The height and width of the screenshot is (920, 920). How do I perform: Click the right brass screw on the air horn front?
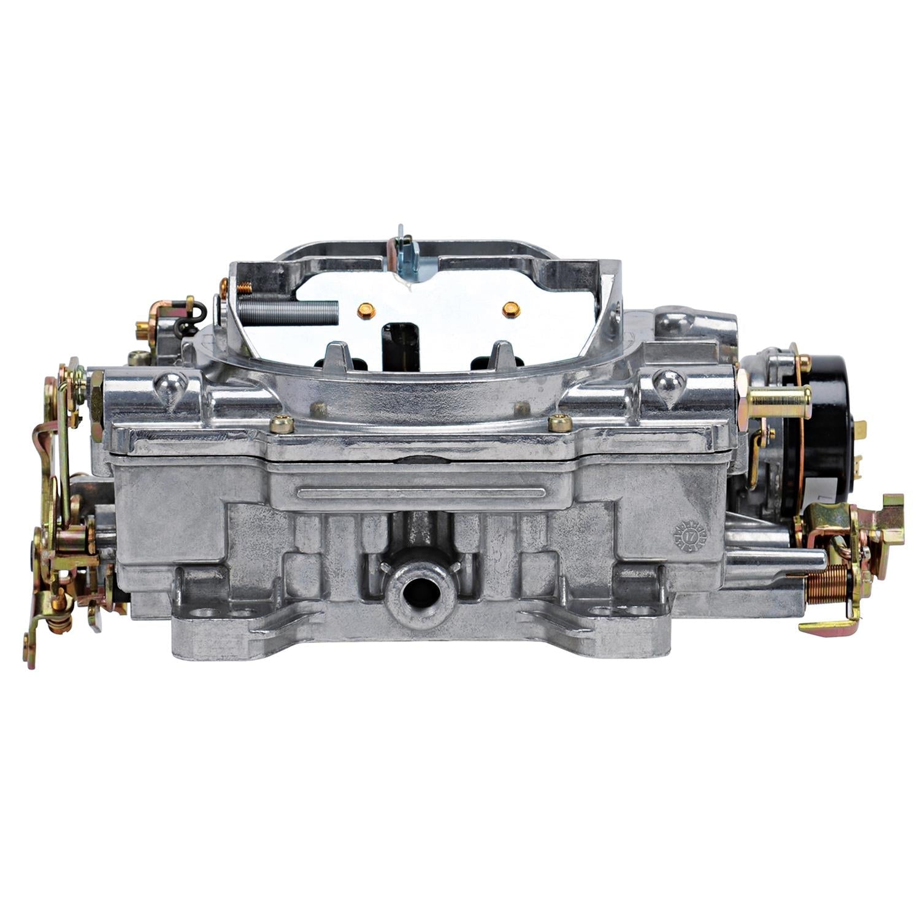559,423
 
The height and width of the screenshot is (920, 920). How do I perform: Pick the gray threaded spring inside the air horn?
288,313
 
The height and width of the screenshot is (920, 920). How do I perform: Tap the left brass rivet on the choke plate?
366,310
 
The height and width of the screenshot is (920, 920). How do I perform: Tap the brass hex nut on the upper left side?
97,405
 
